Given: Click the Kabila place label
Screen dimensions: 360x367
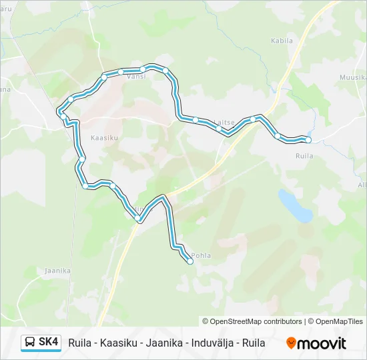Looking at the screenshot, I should point(282,41).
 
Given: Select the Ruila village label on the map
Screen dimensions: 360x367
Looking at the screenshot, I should point(304,155).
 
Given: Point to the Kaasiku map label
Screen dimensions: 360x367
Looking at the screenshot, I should point(103,137).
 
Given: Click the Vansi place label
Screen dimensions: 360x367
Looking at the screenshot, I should point(135,77).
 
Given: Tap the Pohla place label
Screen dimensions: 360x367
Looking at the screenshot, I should point(201,255).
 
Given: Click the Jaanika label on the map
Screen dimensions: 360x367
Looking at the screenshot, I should point(57,271).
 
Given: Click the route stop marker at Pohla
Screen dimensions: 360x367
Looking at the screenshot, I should point(190,262).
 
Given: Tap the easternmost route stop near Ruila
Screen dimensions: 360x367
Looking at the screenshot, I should point(308,139).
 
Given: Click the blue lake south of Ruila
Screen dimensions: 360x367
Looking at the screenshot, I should point(296,205).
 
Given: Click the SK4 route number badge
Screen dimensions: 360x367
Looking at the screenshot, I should point(49,342).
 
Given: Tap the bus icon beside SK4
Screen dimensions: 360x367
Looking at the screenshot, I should point(30,343).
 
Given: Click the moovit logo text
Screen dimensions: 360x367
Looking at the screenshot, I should point(322,343).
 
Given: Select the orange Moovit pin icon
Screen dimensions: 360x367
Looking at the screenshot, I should point(291,343).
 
